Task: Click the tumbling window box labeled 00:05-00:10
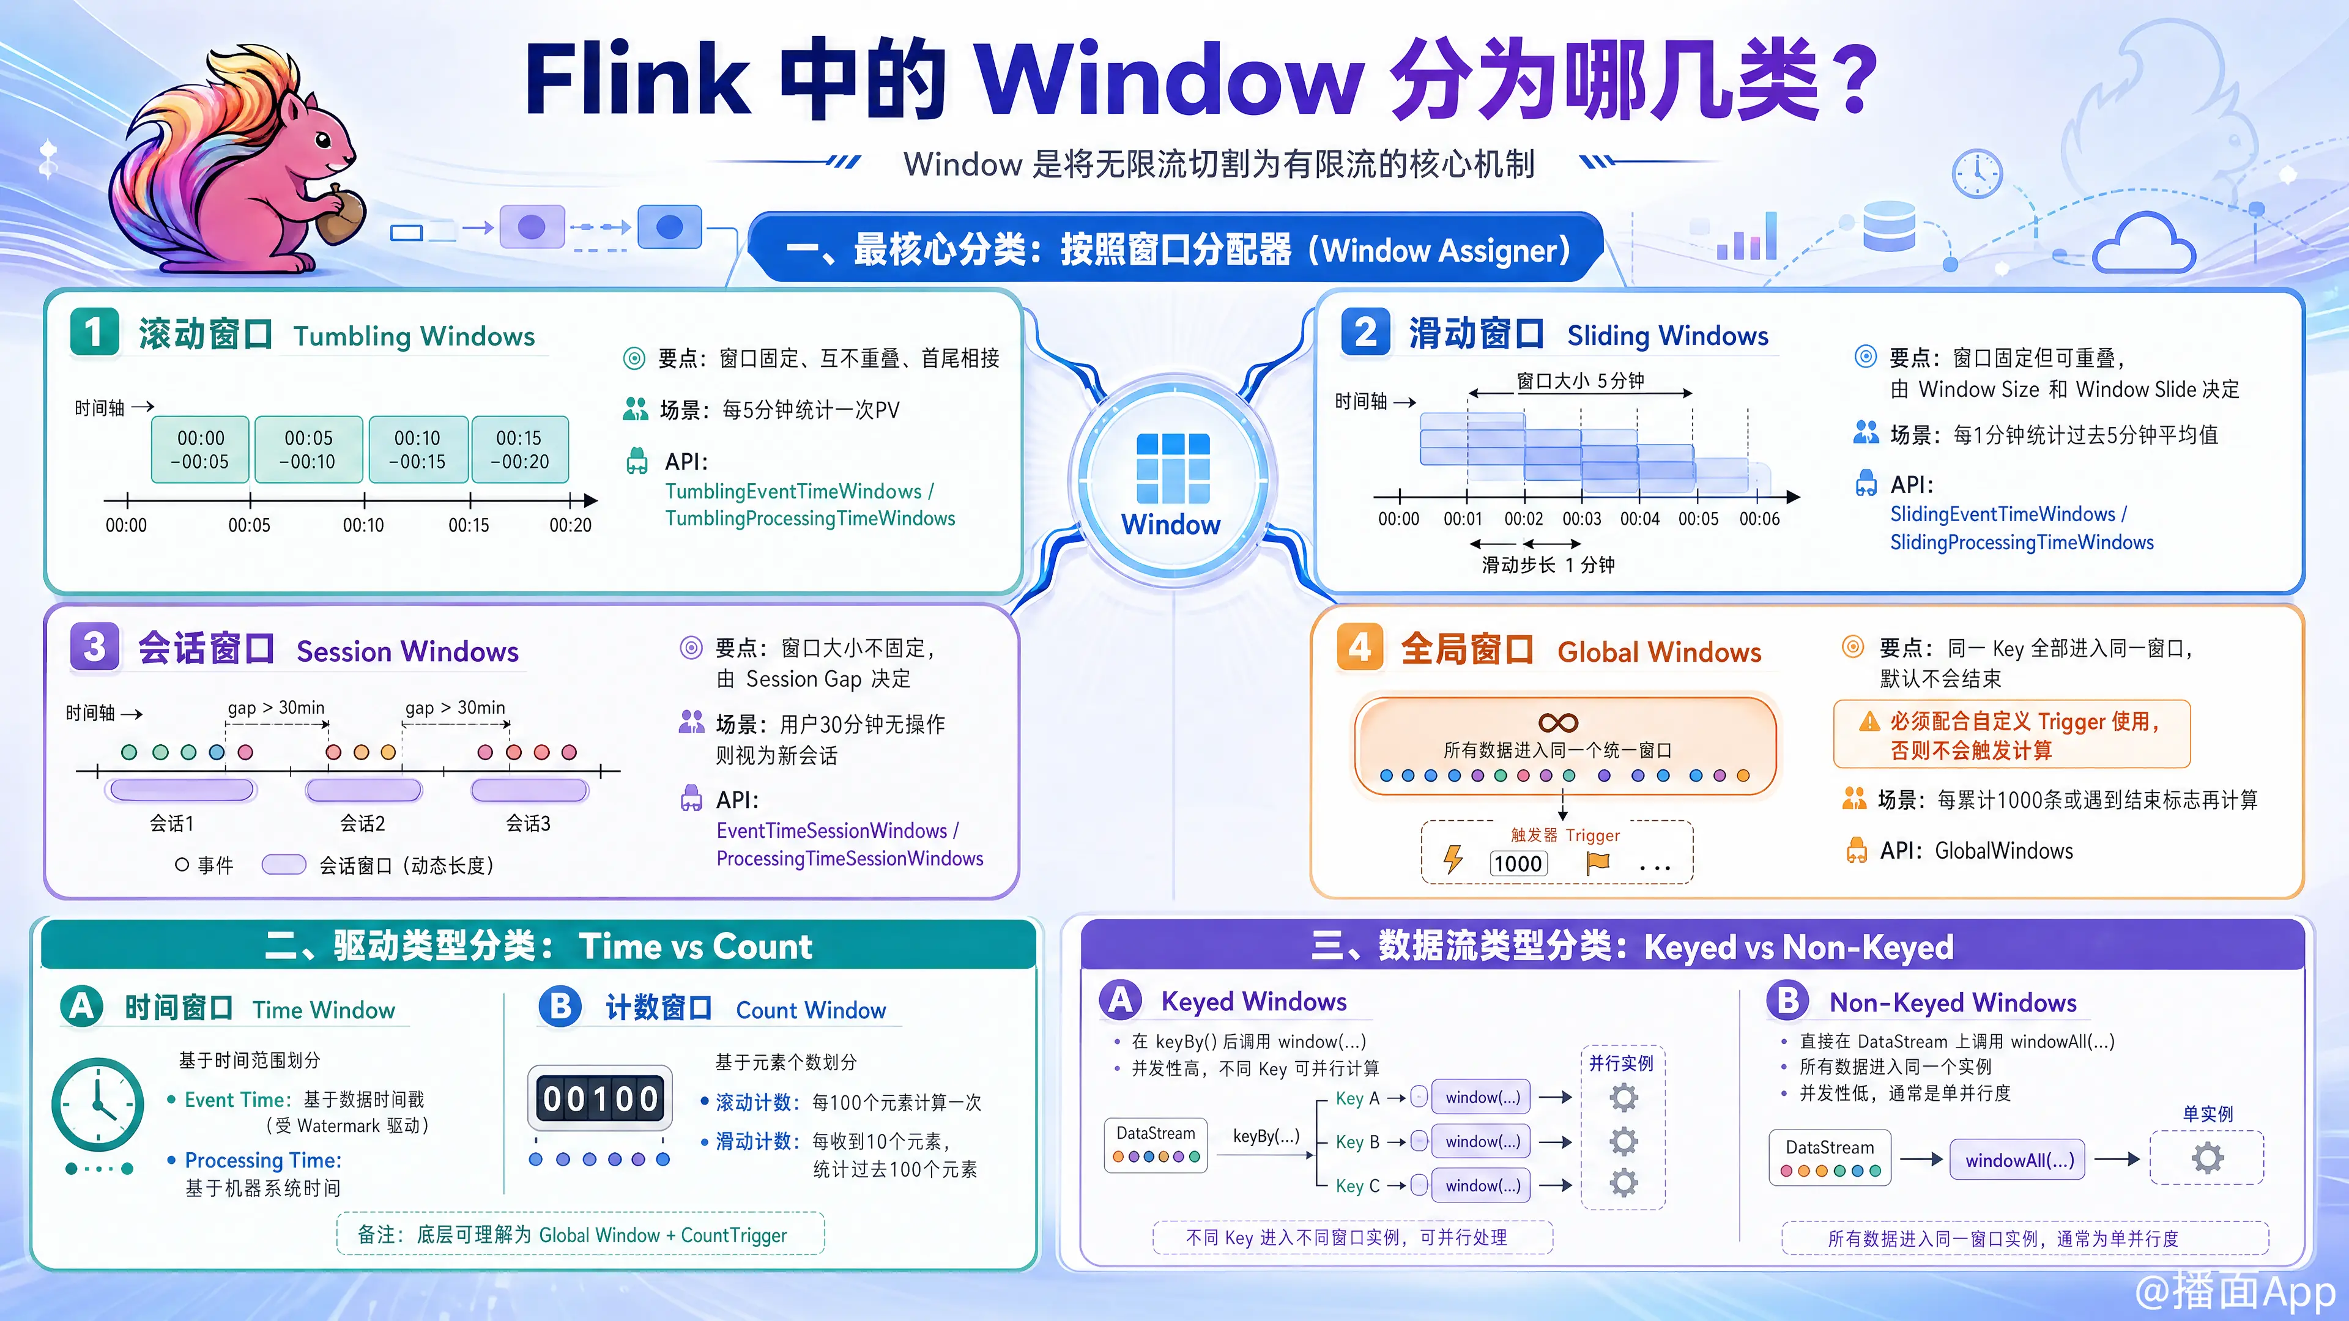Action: [x=308, y=450]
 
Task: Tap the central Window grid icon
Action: [x=1173, y=468]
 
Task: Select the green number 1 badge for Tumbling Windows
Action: [x=95, y=333]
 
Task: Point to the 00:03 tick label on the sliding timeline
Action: [x=1581, y=519]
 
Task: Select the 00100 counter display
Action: [x=600, y=1098]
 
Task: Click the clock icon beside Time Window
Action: [x=98, y=1104]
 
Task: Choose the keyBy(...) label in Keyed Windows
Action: [x=1266, y=1136]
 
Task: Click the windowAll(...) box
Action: [x=2019, y=1160]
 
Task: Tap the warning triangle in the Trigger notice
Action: [x=1869, y=722]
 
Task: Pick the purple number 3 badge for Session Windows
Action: [x=95, y=647]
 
